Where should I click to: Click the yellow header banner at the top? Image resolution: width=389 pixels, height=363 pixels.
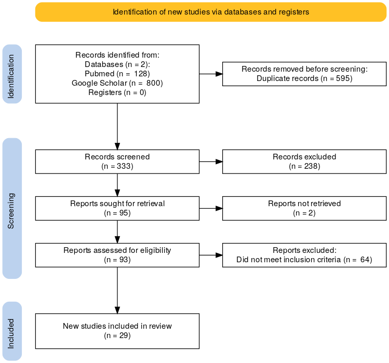[x=211, y=12]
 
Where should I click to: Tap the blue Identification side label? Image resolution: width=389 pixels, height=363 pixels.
[x=12, y=74]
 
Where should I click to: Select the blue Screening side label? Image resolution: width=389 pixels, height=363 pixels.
[x=12, y=208]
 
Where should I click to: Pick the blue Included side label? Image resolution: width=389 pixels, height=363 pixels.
[x=12, y=331]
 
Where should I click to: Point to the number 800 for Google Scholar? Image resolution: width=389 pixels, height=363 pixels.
[x=154, y=83]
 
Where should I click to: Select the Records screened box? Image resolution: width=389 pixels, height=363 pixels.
[x=117, y=162]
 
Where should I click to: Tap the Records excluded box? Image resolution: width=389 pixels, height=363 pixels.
[x=304, y=162]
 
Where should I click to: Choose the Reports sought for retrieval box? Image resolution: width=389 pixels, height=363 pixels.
[x=117, y=208]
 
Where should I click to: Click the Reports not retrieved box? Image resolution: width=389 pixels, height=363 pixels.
[x=304, y=208]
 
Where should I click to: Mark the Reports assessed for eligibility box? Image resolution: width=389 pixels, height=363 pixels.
[x=117, y=255]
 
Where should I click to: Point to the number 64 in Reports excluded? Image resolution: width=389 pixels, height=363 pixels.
[x=365, y=260]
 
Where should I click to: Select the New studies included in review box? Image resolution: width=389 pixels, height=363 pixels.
[x=117, y=331]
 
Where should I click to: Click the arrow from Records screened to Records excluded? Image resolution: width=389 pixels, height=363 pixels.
[x=211, y=162]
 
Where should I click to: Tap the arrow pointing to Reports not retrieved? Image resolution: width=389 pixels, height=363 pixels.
[x=211, y=208]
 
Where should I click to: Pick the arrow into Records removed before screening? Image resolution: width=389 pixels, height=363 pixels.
[x=211, y=74]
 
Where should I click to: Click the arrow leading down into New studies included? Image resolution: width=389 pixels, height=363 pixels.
[x=117, y=290]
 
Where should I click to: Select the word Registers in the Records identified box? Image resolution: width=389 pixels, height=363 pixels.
[x=105, y=92]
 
